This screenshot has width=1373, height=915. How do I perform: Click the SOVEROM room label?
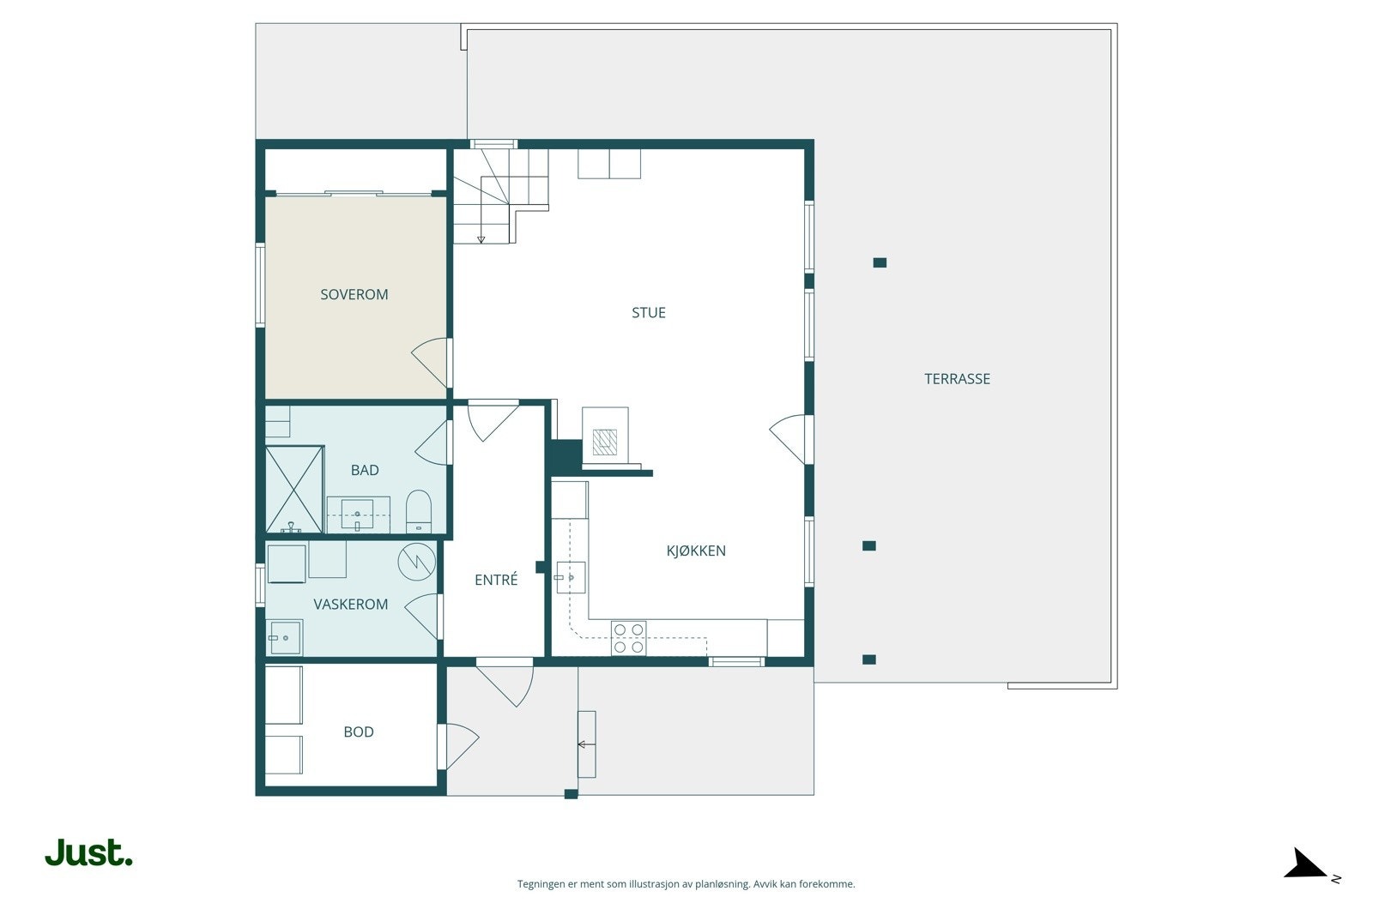coord(354,295)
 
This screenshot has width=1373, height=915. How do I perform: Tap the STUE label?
coord(649,313)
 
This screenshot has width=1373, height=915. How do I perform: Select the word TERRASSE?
coord(957,379)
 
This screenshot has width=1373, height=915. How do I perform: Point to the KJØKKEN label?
coord(696,551)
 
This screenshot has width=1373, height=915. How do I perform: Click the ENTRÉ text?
coord(496,580)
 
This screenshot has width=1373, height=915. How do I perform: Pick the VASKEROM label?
coord(351,605)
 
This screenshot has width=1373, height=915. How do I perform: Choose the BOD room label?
coord(359,731)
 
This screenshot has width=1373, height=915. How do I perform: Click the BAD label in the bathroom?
coord(365,470)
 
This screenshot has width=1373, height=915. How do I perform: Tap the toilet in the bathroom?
coord(419,511)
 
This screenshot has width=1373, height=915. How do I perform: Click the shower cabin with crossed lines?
coord(294,490)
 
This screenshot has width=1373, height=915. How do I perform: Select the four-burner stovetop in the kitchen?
coord(628,638)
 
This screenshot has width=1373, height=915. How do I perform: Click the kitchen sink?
coord(571,577)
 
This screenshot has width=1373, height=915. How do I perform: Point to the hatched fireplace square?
coord(605,442)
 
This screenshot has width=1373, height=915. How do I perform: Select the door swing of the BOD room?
coord(458,747)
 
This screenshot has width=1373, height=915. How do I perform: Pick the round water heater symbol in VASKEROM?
coord(417,562)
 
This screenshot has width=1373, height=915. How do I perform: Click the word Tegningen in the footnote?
coord(541,884)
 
